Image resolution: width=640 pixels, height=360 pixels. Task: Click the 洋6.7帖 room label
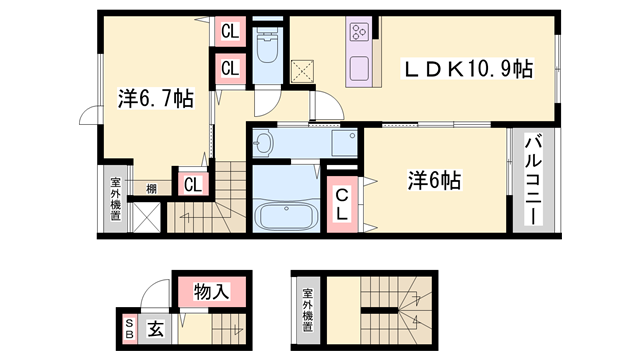coord(155,99)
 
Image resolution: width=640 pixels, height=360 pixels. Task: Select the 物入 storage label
coord(212,293)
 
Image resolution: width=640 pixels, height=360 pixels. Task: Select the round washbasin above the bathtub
coord(264,142)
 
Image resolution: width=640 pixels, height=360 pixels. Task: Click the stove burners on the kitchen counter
coord(359,33)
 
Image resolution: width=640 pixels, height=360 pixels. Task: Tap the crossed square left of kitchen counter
coord(303,71)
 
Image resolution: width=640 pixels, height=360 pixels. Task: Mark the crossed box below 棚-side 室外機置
coord(145,218)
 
